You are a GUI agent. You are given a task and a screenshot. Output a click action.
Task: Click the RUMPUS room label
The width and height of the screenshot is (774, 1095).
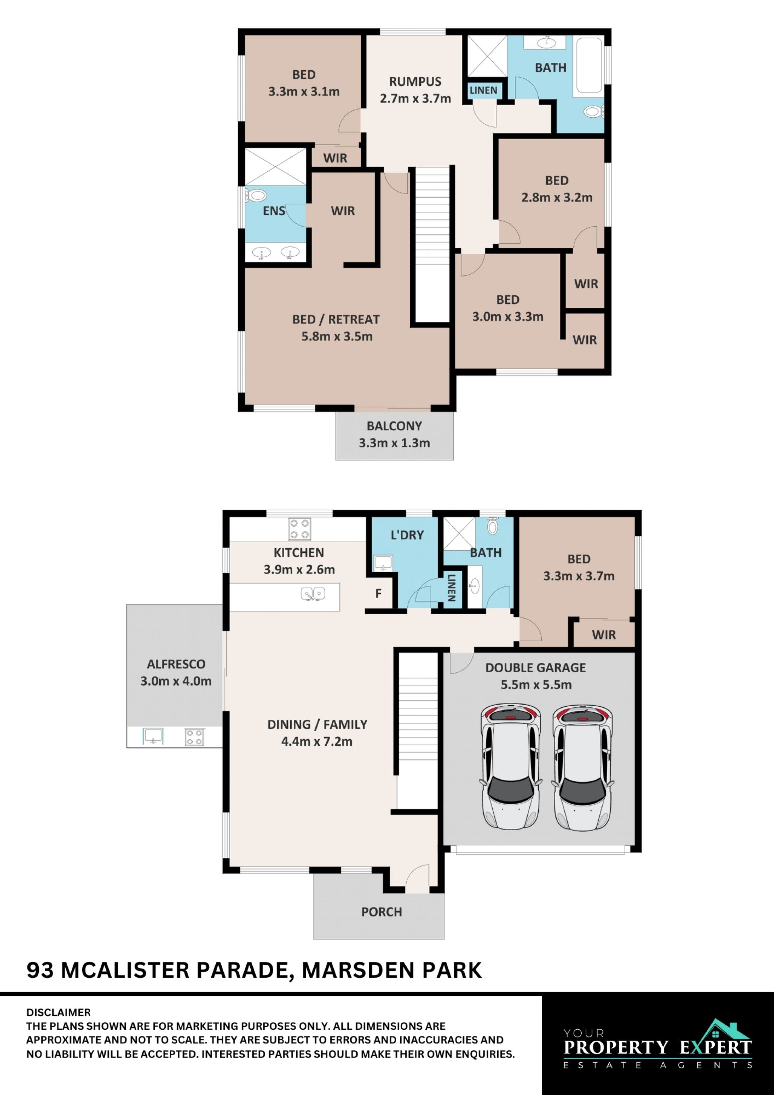pos(415,81)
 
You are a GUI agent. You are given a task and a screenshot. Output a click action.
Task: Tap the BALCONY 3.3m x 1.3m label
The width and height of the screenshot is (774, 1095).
pos(394,434)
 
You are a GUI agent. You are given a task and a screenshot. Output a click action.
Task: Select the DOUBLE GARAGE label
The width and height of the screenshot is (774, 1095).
pos(536,667)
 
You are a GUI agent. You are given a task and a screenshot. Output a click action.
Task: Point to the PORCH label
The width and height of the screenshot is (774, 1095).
pos(382,912)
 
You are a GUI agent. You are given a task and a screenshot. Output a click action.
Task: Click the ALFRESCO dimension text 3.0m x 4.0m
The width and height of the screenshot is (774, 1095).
pos(176,681)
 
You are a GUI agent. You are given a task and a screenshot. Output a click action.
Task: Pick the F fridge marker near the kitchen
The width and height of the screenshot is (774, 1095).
pos(379,594)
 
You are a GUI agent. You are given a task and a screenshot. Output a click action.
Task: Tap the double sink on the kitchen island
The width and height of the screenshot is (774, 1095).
pos(313,594)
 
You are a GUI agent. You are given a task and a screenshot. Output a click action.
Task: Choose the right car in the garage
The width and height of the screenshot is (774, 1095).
pos(583,768)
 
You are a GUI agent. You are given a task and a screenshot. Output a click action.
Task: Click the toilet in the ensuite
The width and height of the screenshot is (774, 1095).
pos(256,195)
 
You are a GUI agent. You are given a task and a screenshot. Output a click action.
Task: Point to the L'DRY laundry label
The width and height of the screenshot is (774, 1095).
pos(407,535)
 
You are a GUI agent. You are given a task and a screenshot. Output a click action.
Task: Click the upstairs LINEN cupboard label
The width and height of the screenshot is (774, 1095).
pos(483,90)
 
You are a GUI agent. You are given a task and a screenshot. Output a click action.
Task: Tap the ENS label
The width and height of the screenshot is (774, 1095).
pos(274,211)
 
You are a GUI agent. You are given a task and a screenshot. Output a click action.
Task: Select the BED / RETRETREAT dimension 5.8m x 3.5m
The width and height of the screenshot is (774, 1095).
pos(337,336)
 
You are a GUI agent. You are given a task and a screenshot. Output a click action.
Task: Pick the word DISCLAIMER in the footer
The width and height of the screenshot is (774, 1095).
pos(58,1012)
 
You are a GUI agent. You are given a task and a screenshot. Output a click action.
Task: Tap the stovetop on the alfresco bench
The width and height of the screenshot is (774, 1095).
pos(194,737)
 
